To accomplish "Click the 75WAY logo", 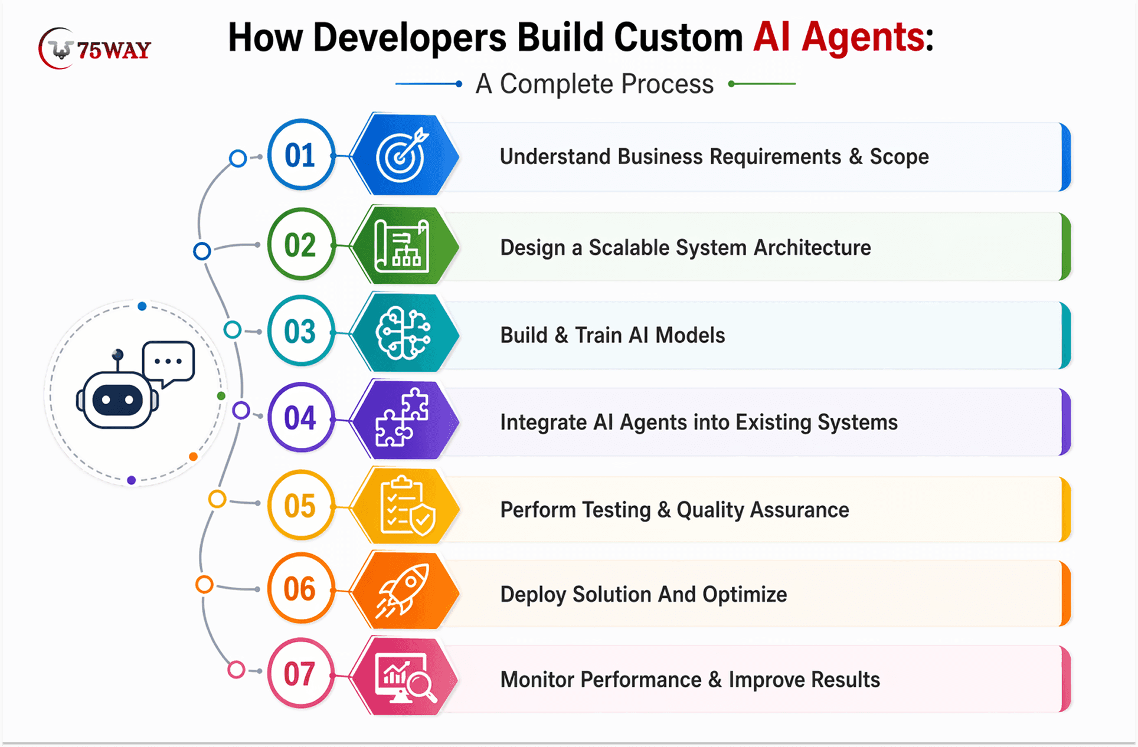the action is [94, 48].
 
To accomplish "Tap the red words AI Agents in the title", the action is [839, 37].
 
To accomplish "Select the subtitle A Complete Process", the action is [595, 84].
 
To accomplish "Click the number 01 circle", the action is [301, 155].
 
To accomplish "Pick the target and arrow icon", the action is [403, 155].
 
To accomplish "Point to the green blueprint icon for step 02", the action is [403, 245].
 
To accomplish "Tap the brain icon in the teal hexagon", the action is [404, 333].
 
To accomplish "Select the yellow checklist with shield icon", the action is [407, 506].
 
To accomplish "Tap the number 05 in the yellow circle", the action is [300, 506].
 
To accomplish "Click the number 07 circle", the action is [301, 673].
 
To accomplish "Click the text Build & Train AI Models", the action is [613, 335].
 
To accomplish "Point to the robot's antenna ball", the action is [118, 355].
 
